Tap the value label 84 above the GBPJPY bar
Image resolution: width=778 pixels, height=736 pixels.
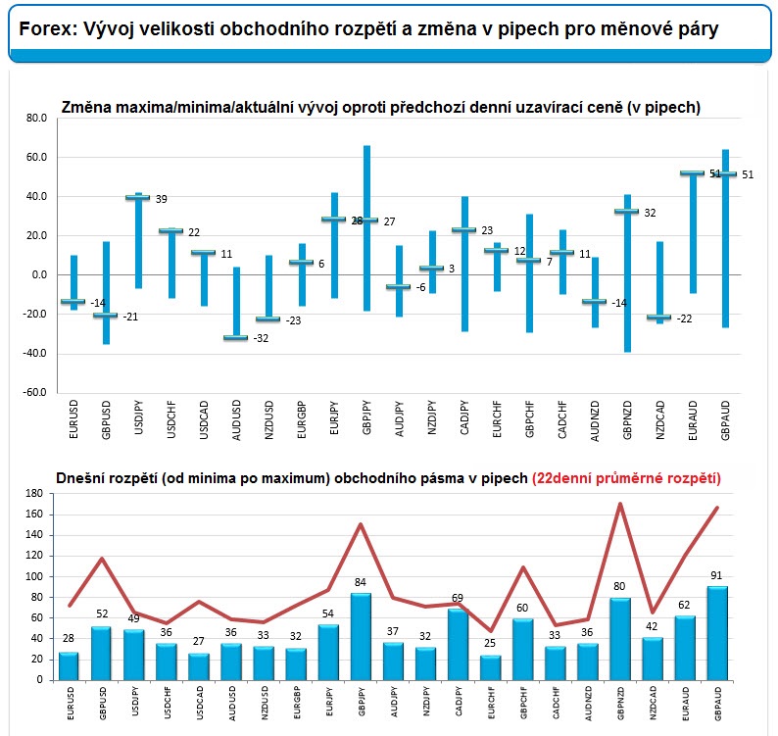click(361, 583)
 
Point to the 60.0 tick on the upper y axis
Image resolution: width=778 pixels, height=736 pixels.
click(35, 158)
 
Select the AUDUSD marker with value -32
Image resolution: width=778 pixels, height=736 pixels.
click(235, 338)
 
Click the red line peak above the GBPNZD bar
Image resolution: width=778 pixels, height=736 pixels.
click(620, 505)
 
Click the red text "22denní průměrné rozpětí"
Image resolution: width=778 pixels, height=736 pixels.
click(626, 478)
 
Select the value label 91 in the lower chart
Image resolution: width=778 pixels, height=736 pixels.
click(716, 575)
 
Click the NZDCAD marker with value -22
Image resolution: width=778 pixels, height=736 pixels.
click(659, 318)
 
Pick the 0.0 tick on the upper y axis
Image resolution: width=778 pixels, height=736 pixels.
click(38, 275)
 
